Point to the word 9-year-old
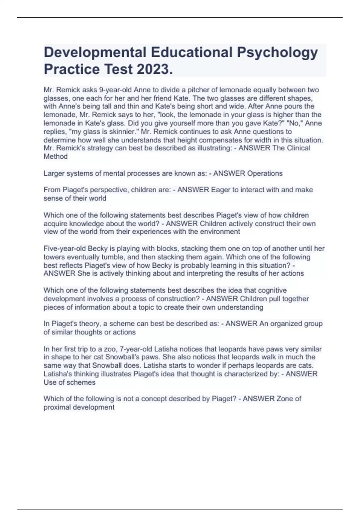[x=115, y=90]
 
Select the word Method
[x=56, y=157]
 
